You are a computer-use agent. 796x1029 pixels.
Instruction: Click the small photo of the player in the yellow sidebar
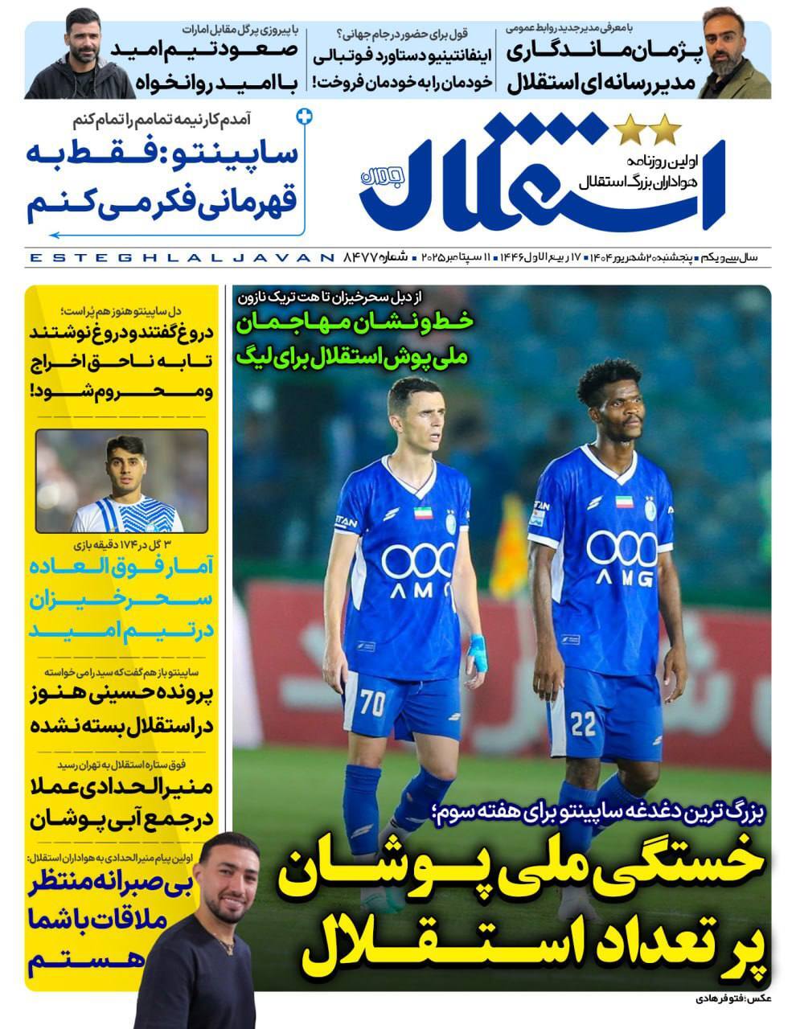[x=122, y=481]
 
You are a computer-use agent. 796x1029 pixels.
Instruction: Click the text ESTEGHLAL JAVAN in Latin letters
[x=180, y=258]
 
